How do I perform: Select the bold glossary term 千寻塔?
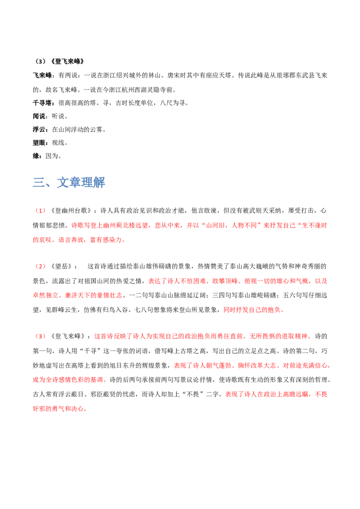42,103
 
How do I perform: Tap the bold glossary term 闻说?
39,116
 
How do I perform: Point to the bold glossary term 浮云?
39,129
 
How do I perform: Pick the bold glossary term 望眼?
39,143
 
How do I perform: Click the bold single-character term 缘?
36,156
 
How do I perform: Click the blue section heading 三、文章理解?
69,183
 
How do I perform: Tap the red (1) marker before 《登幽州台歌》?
40,211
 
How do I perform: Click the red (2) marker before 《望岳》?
40,267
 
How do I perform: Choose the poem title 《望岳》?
61,267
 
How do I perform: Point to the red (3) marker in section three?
40,336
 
